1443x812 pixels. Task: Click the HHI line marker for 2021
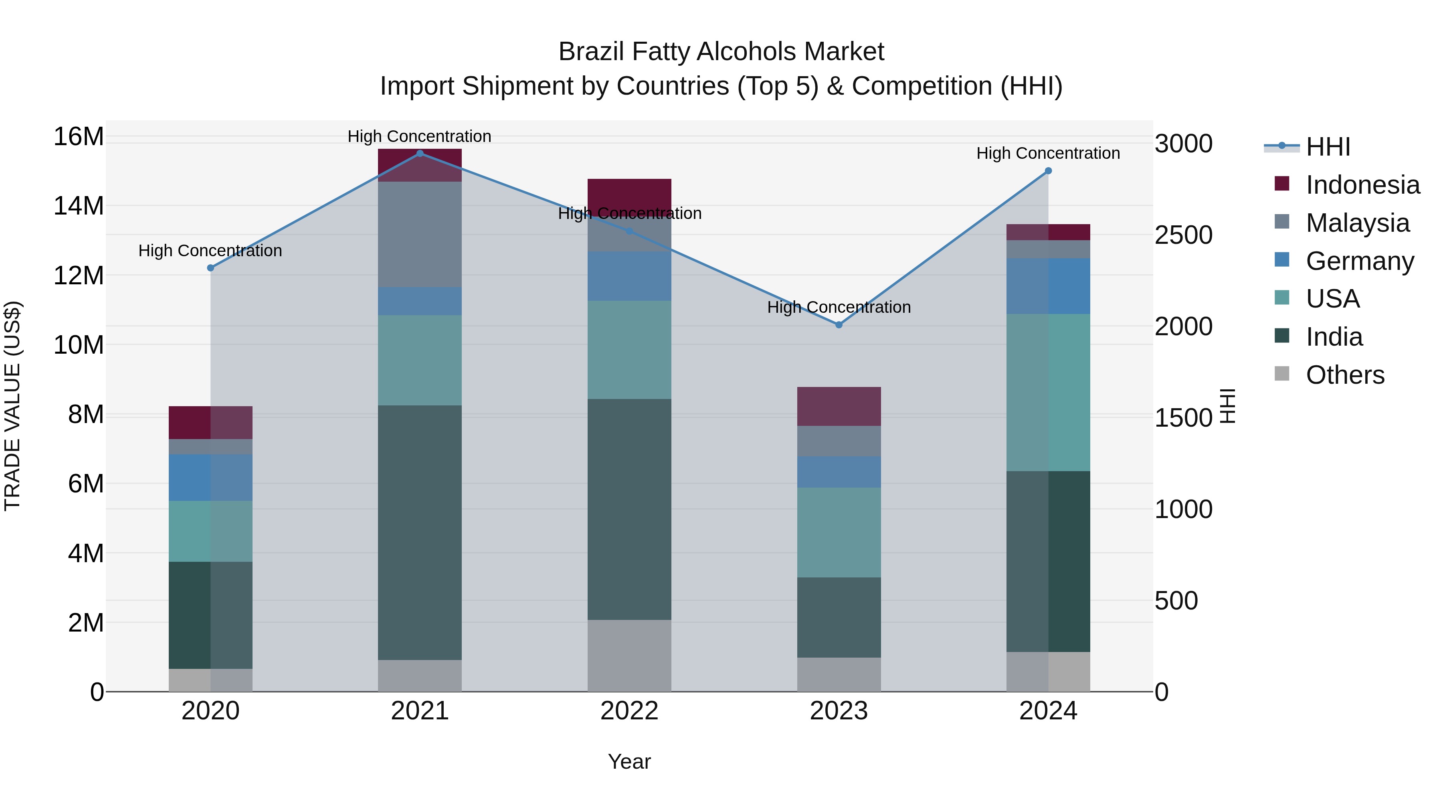(x=420, y=154)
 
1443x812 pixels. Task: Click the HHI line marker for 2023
(x=839, y=325)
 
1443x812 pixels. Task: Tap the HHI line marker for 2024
(x=1048, y=171)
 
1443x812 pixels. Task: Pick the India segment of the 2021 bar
(x=420, y=533)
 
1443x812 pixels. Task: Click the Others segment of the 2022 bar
(x=629, y=656)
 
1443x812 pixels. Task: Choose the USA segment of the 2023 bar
(x=839, y=533)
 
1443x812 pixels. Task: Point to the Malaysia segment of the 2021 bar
(x=420, y=234)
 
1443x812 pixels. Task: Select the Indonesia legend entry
(x=1362, y=185)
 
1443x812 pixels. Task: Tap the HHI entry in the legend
(x=1328, y=147)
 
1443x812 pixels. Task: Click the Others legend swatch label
(x=1344, y=375)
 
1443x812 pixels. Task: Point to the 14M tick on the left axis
(x=79, y=206)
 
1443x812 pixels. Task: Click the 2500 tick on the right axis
(x=1183, y=235)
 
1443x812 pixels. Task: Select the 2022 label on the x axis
(x=629, y=711)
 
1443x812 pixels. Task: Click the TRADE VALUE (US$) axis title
(x=12, y=406)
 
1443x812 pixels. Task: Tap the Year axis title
(x=629, y=761)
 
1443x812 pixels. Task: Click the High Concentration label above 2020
(x=210, y=251)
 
